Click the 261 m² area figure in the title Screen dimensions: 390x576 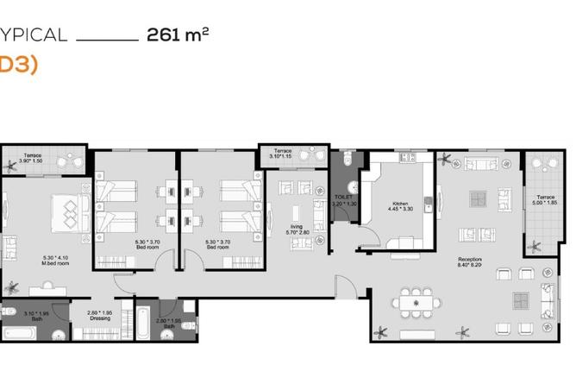pos(178,35)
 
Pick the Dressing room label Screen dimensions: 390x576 pos(101,316)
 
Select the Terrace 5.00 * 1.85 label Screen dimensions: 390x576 pos(546,199)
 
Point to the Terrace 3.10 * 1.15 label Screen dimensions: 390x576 pos(281,154)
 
